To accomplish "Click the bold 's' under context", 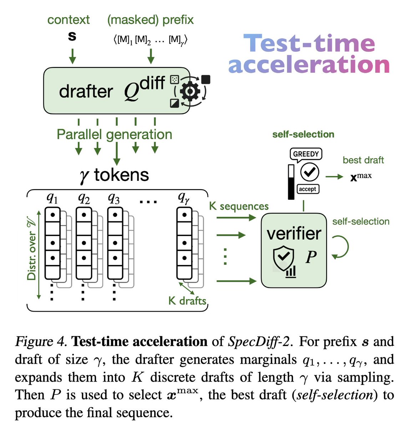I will click(x=72, y=36).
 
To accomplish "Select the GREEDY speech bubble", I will click(x=306, y=154).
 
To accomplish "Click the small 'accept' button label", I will click(x=308, y=189).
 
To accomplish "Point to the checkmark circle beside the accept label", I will click(x=309, y=173).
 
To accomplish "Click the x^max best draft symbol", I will click(x=361, y=176).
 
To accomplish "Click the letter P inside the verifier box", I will click(x=311, y=257).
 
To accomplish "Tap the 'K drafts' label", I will click(x=187, y=301).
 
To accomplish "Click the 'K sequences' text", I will click(x=239, y=206).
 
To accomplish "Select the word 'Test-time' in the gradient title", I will click(x=309, y=43).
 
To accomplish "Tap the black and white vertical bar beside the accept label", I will click(x=291, y=182).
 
